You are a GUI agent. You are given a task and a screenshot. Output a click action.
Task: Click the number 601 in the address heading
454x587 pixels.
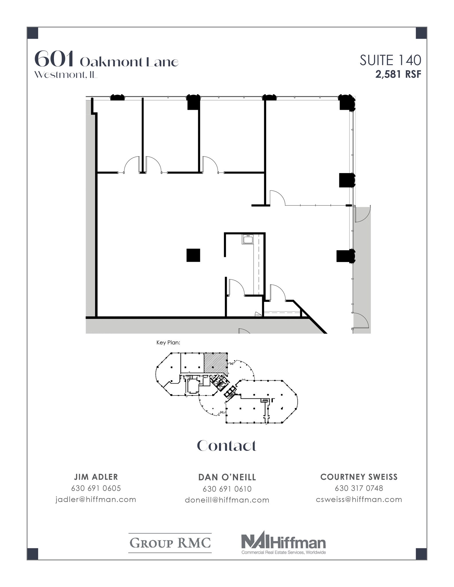[54, 59]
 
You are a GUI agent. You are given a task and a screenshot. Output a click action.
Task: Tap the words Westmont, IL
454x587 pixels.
[66, 75]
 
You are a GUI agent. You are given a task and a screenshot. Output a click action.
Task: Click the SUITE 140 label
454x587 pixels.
[390, 60]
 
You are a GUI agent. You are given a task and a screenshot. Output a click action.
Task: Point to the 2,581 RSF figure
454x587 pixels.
[398, 75]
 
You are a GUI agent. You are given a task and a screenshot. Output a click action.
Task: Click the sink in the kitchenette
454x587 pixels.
[247, 240]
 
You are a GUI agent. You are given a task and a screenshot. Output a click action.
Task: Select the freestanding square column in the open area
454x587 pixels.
[193, 255]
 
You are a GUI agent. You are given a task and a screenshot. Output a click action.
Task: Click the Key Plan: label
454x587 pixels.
[168, 343]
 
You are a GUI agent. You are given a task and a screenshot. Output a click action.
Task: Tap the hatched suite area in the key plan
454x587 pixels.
[215, 363]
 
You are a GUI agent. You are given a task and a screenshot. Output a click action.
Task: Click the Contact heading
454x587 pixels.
[227, 446]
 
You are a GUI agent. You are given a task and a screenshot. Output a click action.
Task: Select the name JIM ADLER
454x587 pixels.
[96, 477]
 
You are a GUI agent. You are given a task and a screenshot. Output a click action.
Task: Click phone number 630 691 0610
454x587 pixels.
[227, 489]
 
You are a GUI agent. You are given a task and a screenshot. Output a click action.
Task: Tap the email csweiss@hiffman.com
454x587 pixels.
[359, 500]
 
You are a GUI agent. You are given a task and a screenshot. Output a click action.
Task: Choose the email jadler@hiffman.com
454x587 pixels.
[96, 500]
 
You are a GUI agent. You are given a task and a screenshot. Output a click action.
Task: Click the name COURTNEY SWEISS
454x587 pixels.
[359, 477]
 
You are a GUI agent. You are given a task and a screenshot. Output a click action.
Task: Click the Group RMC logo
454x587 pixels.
[170, 543]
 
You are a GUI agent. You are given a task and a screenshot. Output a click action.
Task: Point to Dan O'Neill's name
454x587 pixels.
[227, 477]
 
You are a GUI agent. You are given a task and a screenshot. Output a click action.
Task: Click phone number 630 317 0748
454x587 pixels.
[359, 488]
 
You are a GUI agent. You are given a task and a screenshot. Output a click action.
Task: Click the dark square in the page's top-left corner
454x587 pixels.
[33, 33]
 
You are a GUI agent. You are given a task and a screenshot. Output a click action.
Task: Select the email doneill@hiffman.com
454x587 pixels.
[227, 500]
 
